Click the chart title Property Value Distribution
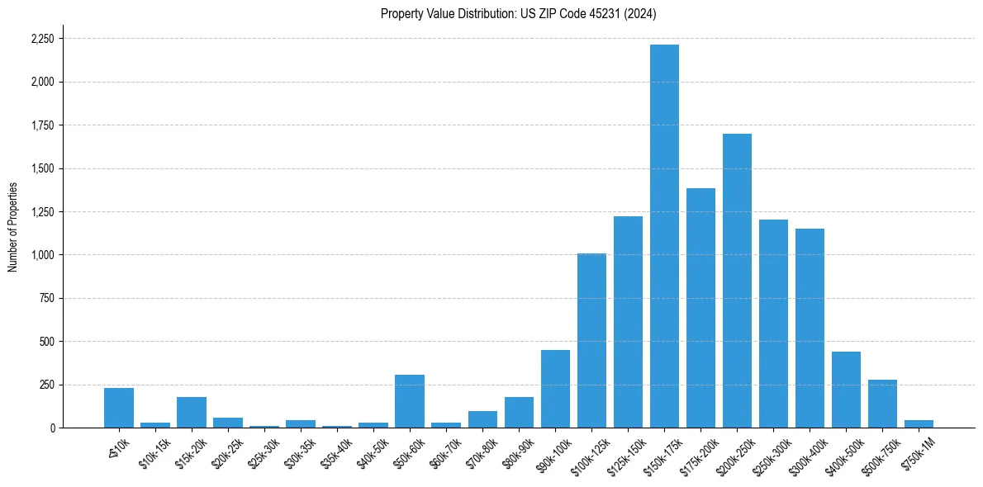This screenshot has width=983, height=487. [x=518, y=13]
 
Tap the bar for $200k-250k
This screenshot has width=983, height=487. [x=737, y=281]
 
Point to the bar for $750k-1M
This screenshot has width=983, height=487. [x=919, y=423]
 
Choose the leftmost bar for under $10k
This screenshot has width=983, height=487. [x=119, y=408]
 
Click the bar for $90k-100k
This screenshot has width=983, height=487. [x=555, y=389]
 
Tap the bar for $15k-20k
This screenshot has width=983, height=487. [x=192, y=412]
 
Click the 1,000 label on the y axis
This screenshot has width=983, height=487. [x=43, y=255]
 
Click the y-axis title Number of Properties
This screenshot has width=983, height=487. [x=12, y=227]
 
